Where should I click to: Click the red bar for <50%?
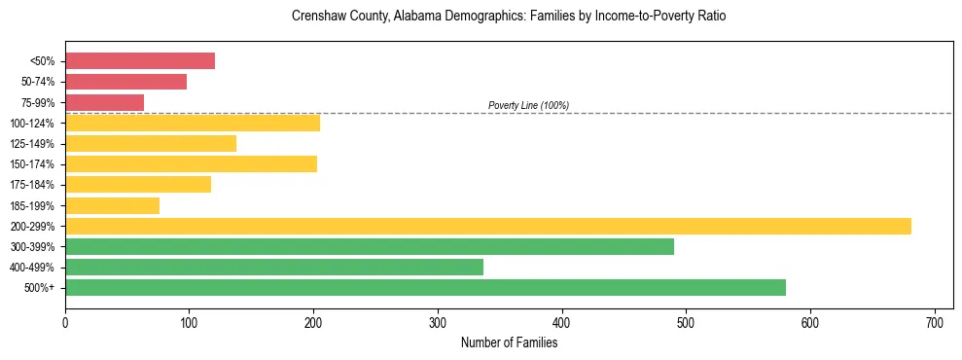pos(140,61)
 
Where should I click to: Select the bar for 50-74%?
pos(125,82)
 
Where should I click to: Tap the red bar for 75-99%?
pos(104,102)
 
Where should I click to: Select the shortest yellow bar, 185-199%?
pos(112,205)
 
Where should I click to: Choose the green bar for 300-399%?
pos(370,246)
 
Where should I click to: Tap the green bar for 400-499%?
pos(274,267)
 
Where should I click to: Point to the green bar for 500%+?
pos(425,287)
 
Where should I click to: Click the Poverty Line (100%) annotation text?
pos(528,105)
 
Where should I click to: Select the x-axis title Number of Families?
pos(509,342)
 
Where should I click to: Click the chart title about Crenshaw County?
pos(509,17)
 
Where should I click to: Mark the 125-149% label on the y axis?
pos(32,144)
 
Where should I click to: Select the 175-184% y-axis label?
pos(32,185)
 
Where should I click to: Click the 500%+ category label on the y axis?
pos(39,288)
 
